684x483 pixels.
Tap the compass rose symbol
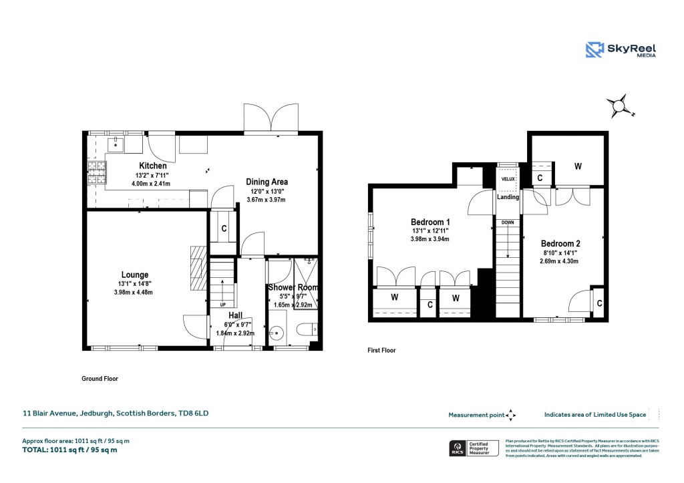coord(620,106)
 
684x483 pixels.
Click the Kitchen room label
coord(152,166)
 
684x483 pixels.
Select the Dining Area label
coord(267,182)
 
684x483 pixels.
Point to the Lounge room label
coord(134,275)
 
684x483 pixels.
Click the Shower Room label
coord(293,287)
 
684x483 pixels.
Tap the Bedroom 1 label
coord(430,222)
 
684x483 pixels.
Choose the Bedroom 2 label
coord(560,244)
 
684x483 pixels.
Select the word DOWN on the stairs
coord(508,222)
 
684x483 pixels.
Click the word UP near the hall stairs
coord(222,305)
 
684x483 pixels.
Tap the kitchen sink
coord(116,142)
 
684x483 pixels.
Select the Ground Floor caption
coord(100,379)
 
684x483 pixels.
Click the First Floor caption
coord(381,350)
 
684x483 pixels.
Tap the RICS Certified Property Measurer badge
coord(472,448)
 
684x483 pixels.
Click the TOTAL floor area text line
coord(69,450)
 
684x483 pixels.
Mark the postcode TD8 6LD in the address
coord(193,413)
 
